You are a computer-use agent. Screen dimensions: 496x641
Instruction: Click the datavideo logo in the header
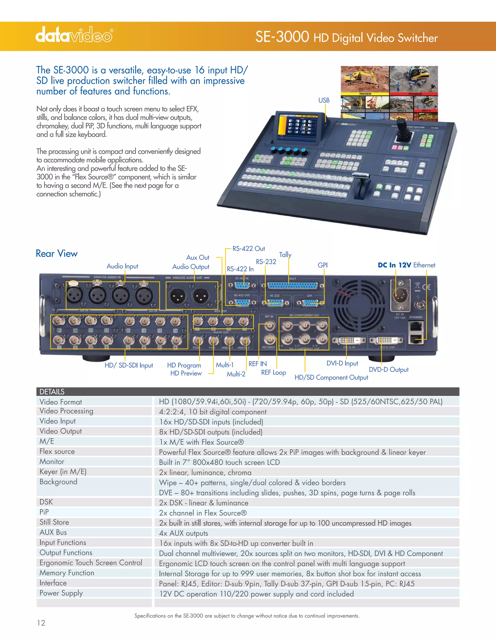point(74,35)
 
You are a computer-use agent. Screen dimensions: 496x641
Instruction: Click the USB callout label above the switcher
point(324,100)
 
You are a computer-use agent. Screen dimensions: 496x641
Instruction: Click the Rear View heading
point(56,253)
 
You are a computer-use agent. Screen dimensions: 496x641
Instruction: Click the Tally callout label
point(285,255)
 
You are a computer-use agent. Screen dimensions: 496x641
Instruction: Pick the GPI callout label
point(322,265)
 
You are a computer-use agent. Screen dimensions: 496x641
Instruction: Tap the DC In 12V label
point(394,265)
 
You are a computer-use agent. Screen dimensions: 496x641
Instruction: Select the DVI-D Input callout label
point(342,363)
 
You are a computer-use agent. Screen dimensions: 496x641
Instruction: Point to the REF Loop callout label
point(273,373)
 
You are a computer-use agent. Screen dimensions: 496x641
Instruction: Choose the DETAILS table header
point(52,392)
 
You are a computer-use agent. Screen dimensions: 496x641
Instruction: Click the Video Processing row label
point(66,411)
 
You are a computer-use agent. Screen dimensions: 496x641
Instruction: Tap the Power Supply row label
point(61,593)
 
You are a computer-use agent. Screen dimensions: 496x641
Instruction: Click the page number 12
point(41,623)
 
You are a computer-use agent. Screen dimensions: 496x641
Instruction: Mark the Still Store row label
point(54,522)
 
